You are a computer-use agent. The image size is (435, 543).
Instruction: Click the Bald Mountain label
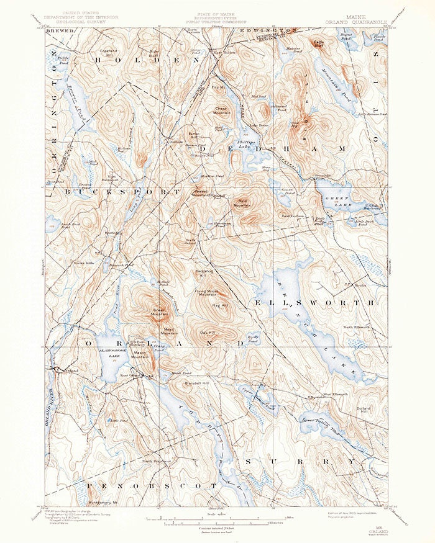pos(242,204)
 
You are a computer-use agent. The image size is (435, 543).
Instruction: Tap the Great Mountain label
pos(160,311)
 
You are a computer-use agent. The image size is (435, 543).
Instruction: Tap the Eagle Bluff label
pos(319,44)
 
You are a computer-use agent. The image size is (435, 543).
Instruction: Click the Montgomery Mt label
pos(103,502)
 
